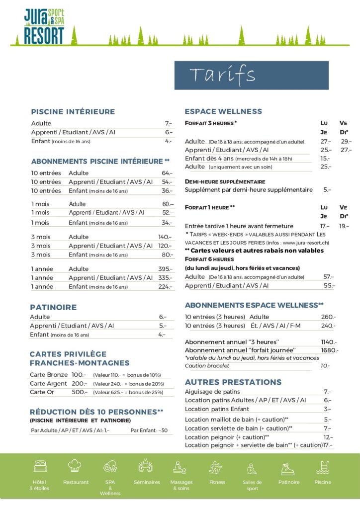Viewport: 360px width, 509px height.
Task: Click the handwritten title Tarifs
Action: click(x=222, y=75)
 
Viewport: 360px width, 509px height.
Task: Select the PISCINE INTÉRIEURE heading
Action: click(x=73, y=112)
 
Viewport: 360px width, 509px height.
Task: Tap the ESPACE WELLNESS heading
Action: click(x=223, y=111)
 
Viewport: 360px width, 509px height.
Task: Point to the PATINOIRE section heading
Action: click(x=53, y=307)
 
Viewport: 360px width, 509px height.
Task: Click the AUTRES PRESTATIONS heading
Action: click(x=233, y=382)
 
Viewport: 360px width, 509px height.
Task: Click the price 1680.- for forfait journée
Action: click(x=329, y=350)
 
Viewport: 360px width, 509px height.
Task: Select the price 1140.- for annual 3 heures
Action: click(x=329, y=342)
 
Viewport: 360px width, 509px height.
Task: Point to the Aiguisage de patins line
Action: click(x=212, y=392)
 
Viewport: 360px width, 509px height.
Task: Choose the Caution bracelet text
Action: click(x=207, y=366)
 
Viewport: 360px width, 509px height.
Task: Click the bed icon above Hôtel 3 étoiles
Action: click(x=40, y=466)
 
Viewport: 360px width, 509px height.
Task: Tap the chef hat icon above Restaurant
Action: click(x=75, y=466)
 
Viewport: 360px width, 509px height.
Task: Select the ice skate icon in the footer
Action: click(x=287, y=468)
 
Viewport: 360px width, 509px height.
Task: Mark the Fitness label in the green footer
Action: click(x=217, y=482)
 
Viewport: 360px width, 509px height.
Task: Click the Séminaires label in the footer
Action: click(x=147, y=482)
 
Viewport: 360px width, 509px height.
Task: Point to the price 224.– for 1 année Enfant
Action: click(x=166, y=287)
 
